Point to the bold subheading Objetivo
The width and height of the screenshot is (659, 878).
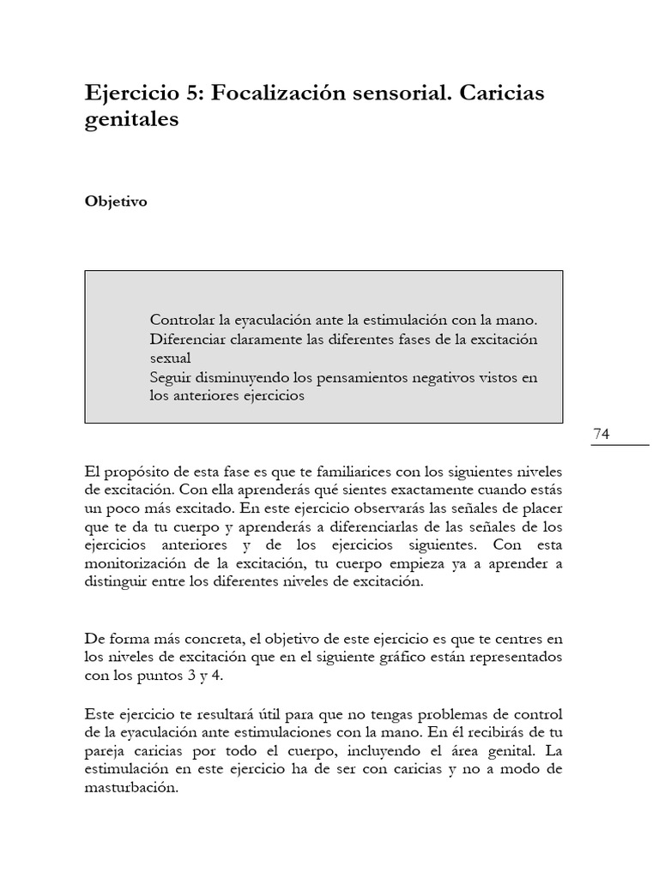[x=116, y=202]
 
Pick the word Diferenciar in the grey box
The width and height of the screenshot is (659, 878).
[x=189, y=339]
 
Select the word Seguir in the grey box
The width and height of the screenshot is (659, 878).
[x=170, y=376]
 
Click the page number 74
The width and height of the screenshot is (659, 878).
[x=601, y=435]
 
